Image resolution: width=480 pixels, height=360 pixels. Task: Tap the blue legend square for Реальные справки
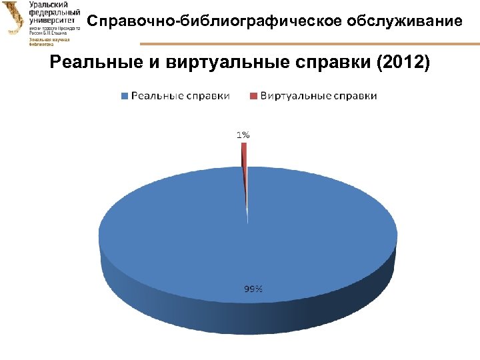[125, 96]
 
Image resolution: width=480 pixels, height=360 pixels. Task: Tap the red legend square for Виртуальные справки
[254, 96]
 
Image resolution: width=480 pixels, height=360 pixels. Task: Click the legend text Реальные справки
[180, 96]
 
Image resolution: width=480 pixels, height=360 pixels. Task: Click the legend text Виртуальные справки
[319, 96]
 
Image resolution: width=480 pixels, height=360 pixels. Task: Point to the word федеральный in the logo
[54, 13]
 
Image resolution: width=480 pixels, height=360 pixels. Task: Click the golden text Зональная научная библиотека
[45, 43]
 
